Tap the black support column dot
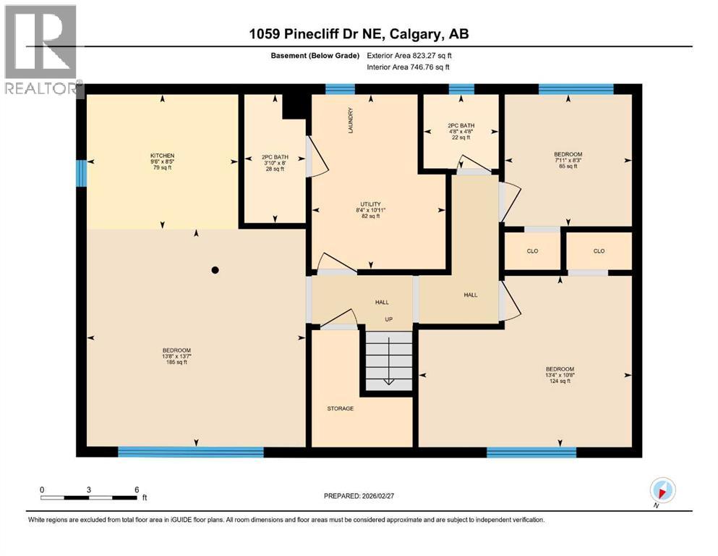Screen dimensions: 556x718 pyautogui.click(x=215, y=270)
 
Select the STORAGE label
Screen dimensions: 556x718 pyautogui.click(x=340, y=409)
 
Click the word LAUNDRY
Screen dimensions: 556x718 pyautogui.click(x=349, y=121)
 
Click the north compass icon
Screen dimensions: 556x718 pyautogui.click(x=662, y=490)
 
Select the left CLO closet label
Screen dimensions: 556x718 pyautogui.click(x=532, y=251)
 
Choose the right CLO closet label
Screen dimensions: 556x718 pyautogui.click(x=599, y=251)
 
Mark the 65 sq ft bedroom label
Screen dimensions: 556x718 pyautogui.click(x=568, y=160)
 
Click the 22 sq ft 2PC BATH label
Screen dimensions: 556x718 pyautogui.click(x=460, y=131)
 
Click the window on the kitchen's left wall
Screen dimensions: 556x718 pyautogui.click(x=82, y=173)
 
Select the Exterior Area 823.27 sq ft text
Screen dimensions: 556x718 pyautogui.click(x=409, y=55)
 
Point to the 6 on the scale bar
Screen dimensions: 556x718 pyautogui.click(x=137, y=489)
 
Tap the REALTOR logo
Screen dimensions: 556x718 pyautogui.click(x=42, y=51)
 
